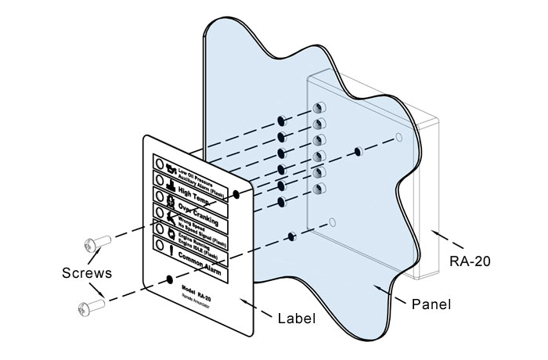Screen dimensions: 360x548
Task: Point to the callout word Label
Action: [297, 319]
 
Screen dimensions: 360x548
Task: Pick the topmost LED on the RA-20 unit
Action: [319, 107]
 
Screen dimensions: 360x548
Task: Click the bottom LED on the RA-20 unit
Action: [319, 189]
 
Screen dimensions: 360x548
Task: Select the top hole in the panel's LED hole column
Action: [279, 121]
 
